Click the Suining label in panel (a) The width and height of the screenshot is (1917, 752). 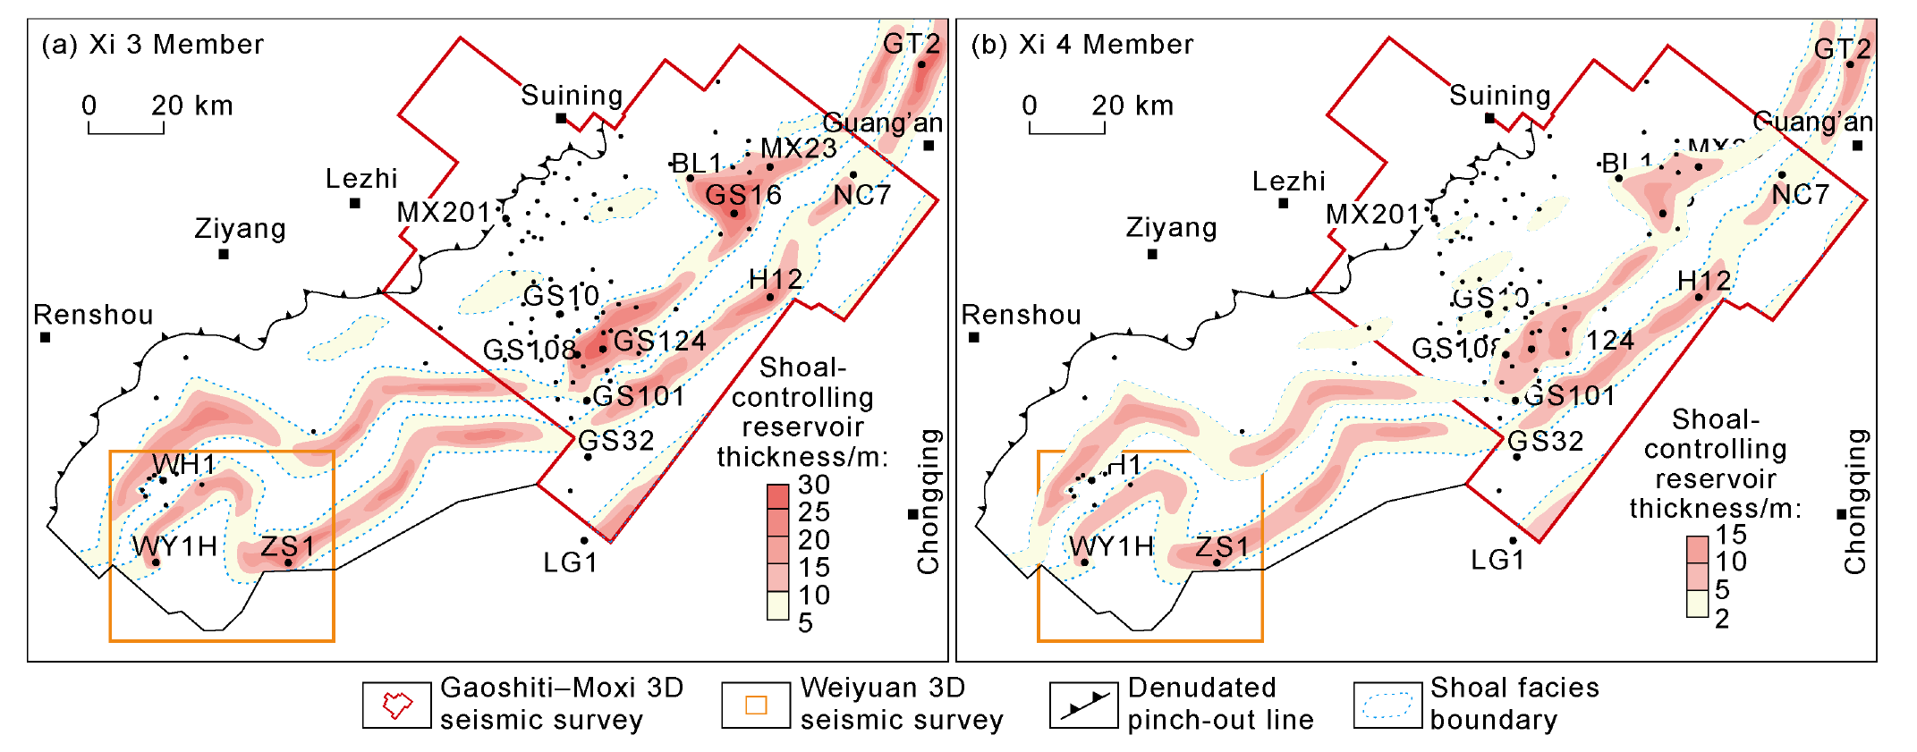(x=572, y=96)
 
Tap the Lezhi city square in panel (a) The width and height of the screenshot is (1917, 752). (x=355, y=203)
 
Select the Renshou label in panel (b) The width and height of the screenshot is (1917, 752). (x=1021, y=315)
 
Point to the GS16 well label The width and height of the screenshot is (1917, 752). (x=743, y=195)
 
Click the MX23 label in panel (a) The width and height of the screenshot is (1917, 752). (x=798, y=148)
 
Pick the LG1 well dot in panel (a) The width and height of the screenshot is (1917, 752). (x=584, y=540)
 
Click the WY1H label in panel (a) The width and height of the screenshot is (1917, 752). (x=174, y=546)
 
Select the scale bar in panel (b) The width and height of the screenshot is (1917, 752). (x=1067, y=129)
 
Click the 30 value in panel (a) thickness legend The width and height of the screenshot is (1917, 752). (x=814, y=485)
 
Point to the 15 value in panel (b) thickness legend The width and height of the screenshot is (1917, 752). (x=1731, y=535)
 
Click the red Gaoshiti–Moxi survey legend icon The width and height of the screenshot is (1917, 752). (x=396, y=705)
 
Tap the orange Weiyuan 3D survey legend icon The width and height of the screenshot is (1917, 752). (x=756, y=705)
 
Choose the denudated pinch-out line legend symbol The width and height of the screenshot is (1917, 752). (x=1083, y=705)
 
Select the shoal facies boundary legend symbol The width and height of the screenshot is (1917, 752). (x=1387, y=705)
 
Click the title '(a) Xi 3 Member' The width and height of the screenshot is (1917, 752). (x=152, y=45)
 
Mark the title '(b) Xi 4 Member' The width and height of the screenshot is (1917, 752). (x=1081, y=45)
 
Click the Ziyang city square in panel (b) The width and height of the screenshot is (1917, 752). (x=1152, y=254)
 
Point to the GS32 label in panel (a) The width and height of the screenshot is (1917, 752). (x=616, y=440)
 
